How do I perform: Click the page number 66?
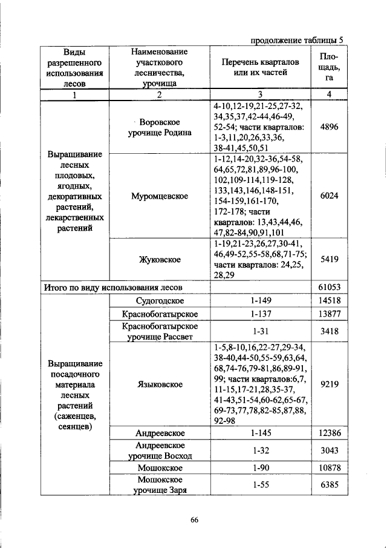tap(194, 518)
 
